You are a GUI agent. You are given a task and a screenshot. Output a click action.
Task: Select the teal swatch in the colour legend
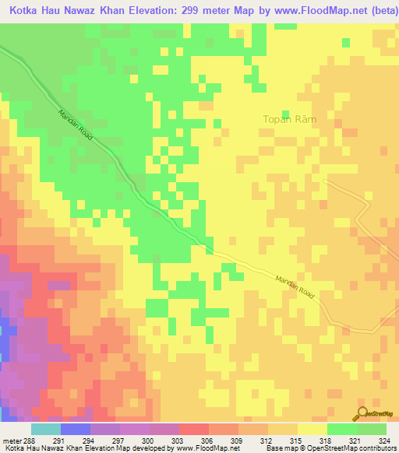pos(45,429)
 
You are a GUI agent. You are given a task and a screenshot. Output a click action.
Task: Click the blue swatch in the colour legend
pos(75,429)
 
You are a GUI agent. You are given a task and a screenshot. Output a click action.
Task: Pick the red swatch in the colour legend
pos(193,429)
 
